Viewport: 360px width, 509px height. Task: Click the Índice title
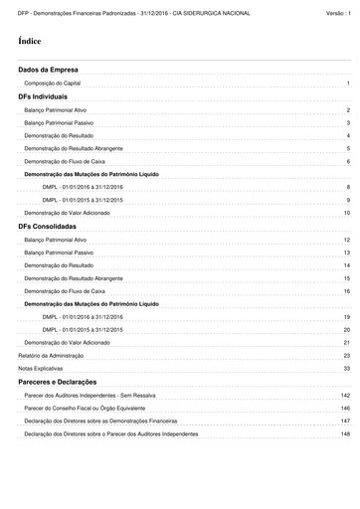[30, 43]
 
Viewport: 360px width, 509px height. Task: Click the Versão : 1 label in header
[338, 11]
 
